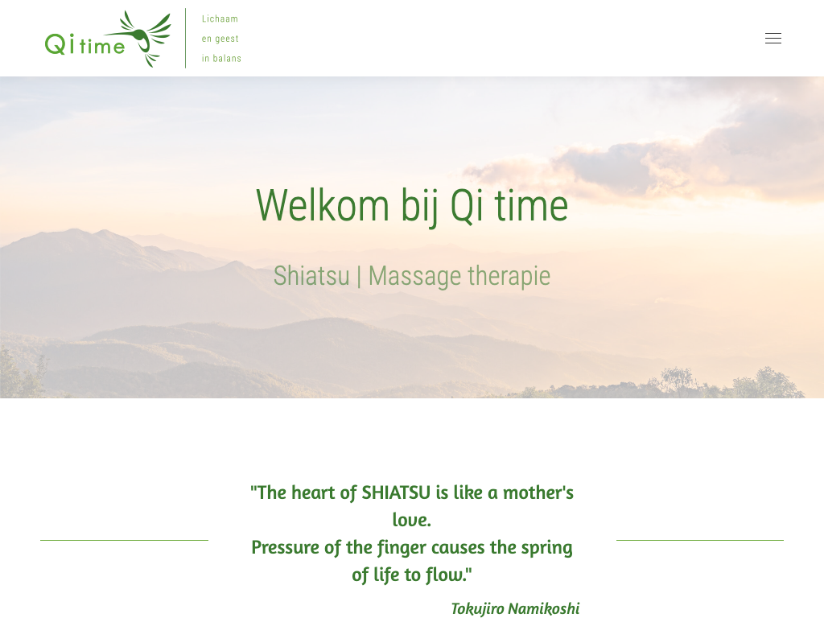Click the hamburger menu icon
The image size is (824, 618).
pos(773,39)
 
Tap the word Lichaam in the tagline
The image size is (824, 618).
pos(220,19)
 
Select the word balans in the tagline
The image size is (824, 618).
pos(227,58)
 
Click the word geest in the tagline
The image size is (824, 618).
pos(226,39)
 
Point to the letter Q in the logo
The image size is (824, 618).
pos(56,44)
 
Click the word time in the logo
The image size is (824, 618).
pos(102,46)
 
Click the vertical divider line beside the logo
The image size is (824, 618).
pos(186,38)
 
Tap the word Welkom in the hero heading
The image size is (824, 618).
pos(323,205)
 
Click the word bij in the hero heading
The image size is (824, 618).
pos(419,207)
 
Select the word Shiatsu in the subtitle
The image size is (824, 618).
pos(311,276)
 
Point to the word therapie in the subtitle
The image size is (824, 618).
pos(509,277)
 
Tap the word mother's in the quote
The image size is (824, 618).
pos(538,492)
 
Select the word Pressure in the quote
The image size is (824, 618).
pos(286,547)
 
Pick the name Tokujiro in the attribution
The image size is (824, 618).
pos(477,608)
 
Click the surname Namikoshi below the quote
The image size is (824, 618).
pos(543,608)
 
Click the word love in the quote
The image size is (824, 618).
pos(411,520)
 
